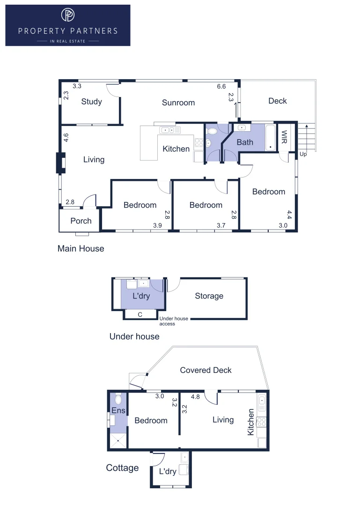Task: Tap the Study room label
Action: [x=91, y=102]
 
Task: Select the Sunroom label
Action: [x=178, y=103]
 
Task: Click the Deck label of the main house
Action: [x=278, y=101]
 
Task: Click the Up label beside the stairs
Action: [x=303, y=154]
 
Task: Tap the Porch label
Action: [x=81, y=221]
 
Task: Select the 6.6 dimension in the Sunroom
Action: [x=221, y=87]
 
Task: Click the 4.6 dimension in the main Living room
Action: [x=66, y=138]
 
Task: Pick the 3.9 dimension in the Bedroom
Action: [x=158, y=226]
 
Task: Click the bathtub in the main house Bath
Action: [x=271, y=138]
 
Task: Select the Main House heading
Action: [x=81, y=248]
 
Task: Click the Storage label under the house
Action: [x=209, y=296]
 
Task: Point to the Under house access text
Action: [x=174, y=321]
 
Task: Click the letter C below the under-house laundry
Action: [x=140, y=314]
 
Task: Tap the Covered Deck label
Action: [x=206, y=370]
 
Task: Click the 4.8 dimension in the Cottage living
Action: [x=195, y=396]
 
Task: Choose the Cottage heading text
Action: [x=122, y=468]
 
